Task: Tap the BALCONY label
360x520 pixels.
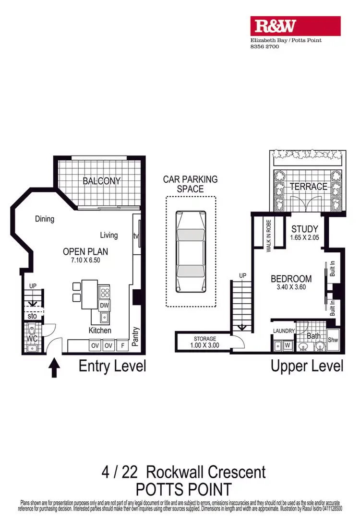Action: point(101,181)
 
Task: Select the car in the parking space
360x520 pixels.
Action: point(191,251)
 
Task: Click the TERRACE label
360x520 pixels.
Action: point(308,187)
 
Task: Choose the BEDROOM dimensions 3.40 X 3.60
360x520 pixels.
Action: point(291,287)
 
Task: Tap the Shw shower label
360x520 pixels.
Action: point(333,340)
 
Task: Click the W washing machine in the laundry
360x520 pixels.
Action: point(288,344)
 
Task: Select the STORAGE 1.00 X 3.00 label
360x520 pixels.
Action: point(205,342)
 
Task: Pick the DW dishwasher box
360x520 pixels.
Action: point(104,305)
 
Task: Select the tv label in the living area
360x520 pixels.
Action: point(136,236)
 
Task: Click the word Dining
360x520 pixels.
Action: point(45,219)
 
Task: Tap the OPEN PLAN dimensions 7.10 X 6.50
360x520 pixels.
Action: point(85,260)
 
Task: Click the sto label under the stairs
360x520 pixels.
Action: point(32,316)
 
